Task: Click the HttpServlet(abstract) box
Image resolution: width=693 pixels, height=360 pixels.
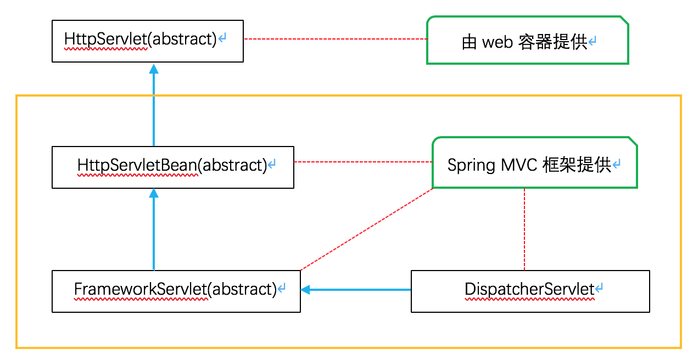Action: pyautogui.click(x=147, y=41)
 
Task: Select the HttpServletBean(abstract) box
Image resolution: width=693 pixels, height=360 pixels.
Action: pyautogui.click(x=172, y=167)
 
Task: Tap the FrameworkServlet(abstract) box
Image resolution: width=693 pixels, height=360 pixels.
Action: pyautogui.click(x=176, y=291)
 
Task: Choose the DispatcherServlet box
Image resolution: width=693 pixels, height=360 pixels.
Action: pyautogui.click(x=530, y=291)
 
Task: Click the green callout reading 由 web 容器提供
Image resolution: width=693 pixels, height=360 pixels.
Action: pyautogui.click(x=527, y=41)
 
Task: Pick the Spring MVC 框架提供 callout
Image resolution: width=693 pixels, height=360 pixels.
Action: pyautogui.click(x=534, y=163)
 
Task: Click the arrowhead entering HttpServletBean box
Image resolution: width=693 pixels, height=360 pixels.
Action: pyautogui.click(x=154, y=193)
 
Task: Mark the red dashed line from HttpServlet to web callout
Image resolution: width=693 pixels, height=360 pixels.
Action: pyautogui.click(x=335, y=39)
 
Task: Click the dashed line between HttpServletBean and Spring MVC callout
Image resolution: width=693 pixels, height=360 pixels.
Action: pyautogui.click(x=363, y=162)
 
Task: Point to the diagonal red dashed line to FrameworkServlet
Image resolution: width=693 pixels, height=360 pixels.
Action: pyautogui.click(x=367, y=229)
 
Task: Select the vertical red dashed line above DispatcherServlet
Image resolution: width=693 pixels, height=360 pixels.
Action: pyautogui.click(x=525, y=229)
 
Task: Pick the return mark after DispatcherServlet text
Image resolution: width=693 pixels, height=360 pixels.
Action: pyautogui.click(x=599, y=288)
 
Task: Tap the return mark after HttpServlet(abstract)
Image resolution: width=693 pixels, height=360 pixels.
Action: pyautogui.click(x=222, y=39)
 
